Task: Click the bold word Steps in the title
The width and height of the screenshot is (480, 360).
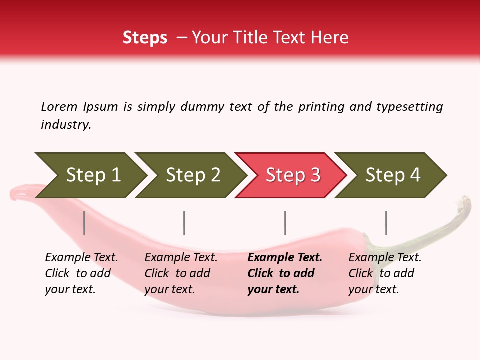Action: [x=145, y=38]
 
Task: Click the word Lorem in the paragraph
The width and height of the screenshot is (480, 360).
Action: [x=59, y=107]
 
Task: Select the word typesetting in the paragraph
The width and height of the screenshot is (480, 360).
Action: [x=409, y=107]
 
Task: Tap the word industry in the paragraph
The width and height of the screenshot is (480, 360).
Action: [x=65, y=125]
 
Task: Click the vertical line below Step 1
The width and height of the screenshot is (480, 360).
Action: [x=84, y=223]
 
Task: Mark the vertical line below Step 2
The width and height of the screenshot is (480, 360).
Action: [x=184, y=223]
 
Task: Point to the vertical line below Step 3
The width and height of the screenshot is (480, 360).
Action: [x=285, y=223]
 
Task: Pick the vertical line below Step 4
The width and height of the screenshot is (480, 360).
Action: [x=386, y=223]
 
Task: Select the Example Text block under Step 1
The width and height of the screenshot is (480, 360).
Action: [x=81, y=273]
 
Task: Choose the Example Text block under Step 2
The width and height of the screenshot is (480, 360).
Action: [x=181, y=273]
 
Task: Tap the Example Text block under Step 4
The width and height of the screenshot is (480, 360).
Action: [x=385, y=273]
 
